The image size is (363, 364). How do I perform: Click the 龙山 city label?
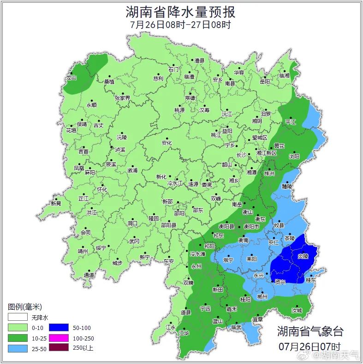click(71, 78)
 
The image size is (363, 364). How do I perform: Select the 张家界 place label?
click(122, 98)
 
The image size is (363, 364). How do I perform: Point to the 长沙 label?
click(241, 155)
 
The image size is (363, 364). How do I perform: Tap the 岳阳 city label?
click(265, 81)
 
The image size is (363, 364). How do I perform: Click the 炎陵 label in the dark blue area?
click(303, 255)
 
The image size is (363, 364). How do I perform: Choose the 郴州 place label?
click(262, 297)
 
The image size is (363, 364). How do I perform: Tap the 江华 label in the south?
click(184, 333)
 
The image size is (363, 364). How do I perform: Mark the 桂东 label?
click(311, 280)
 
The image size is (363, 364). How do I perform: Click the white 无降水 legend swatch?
click(18, 317)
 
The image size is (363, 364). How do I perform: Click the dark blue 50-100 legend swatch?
click(59, 328)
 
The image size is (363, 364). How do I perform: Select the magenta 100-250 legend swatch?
click(59, 338)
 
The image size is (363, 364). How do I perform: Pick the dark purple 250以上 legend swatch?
click(59, 348)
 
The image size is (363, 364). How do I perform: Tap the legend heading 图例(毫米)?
click(25, 307)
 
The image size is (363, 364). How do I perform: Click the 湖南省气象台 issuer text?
click(310, 331)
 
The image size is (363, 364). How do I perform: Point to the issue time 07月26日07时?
click(309, 346)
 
